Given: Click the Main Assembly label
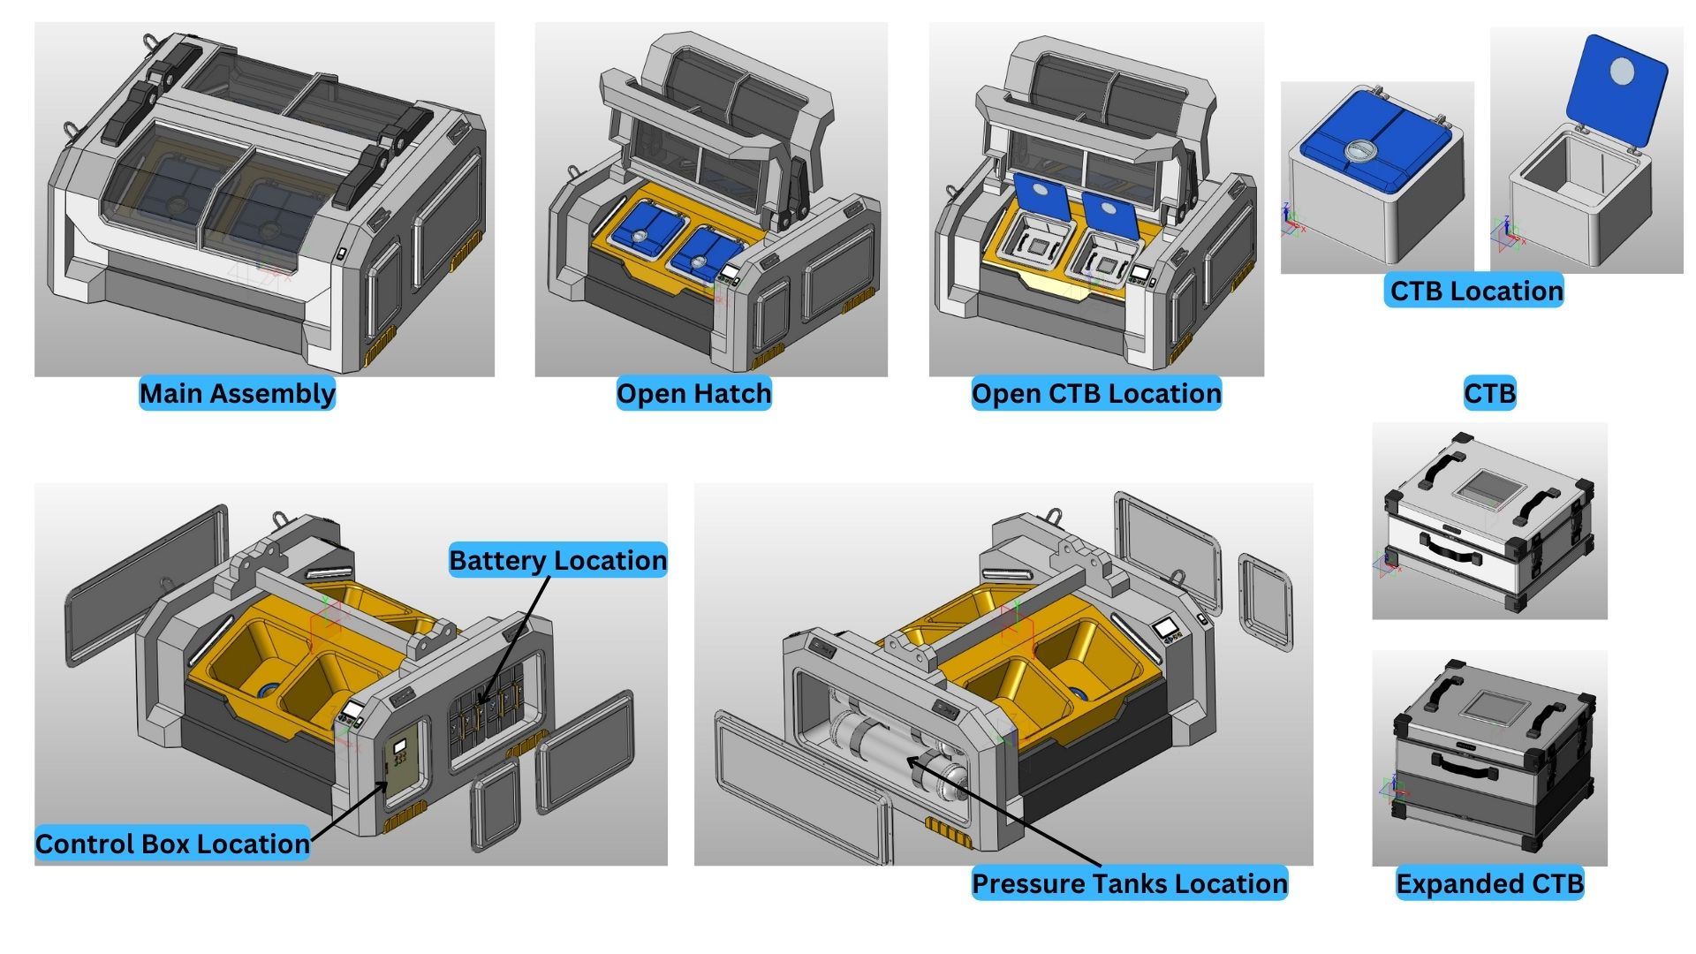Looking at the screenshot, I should pos(237,393).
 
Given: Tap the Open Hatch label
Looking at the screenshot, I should pos(693,393).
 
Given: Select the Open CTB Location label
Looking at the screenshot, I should pos(1095,393).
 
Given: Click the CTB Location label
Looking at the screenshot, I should pos(1475,291).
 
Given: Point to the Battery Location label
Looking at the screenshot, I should pos(557,560).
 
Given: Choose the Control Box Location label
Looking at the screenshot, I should pos(172,844).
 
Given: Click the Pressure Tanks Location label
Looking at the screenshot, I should pos(1129,883).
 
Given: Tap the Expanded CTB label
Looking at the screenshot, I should pos(1489,883).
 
